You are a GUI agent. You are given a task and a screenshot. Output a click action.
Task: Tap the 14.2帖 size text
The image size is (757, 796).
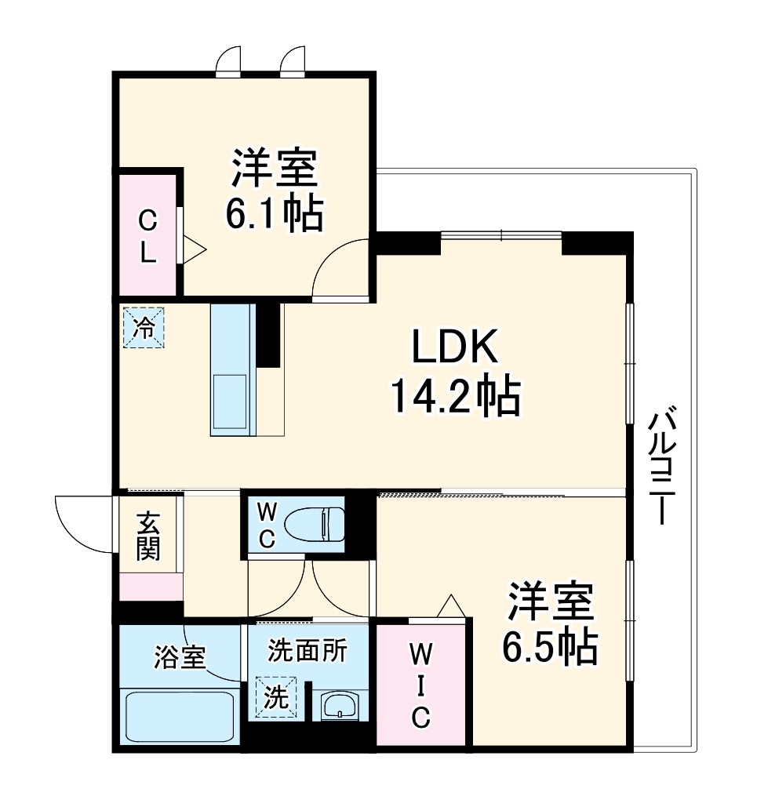coord(455,397)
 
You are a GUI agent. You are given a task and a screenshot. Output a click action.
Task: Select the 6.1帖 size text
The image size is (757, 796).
coord(274,213)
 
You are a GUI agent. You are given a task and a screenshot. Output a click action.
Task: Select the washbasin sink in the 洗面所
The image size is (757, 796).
coord(340,705)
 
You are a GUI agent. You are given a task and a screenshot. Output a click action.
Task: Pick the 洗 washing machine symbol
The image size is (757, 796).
coord(276,696)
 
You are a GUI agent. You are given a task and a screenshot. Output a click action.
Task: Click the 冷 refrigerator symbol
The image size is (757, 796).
coord(144,327)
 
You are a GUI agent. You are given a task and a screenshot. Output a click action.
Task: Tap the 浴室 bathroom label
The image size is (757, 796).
coord(180,656)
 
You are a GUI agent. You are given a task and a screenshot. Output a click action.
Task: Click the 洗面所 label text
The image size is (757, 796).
coord(307,650)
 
